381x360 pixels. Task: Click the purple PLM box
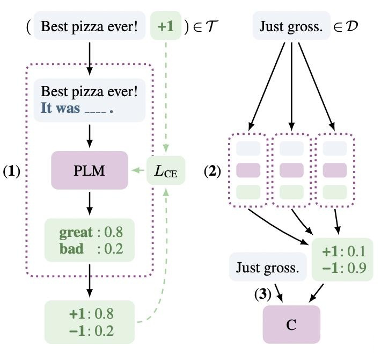(x=90, y=170)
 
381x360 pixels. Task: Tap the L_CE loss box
(x=166, y=170)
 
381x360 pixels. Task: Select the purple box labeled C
(x=291, y=325)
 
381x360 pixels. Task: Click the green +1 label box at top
(x=166, y=26)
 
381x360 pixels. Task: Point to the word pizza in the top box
(x=87, y=27)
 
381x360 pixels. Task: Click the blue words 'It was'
(x=60, y=108)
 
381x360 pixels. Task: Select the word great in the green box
(x=76, y=233)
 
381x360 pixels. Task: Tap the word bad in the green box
(x=71, y=249)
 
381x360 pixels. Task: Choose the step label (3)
(x=262, y=294)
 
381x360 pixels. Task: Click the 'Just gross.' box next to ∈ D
(x=291, y=26)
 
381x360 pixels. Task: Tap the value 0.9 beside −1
(x=357, y=268)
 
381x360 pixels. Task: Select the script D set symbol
(x=352, y=26)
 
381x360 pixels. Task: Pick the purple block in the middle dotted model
(x=291, y=170)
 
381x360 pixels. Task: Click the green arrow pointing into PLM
(x=138, y=170)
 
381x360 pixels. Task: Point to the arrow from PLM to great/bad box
(x=90, y=203)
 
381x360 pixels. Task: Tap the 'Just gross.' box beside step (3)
(x=268, y=267)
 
